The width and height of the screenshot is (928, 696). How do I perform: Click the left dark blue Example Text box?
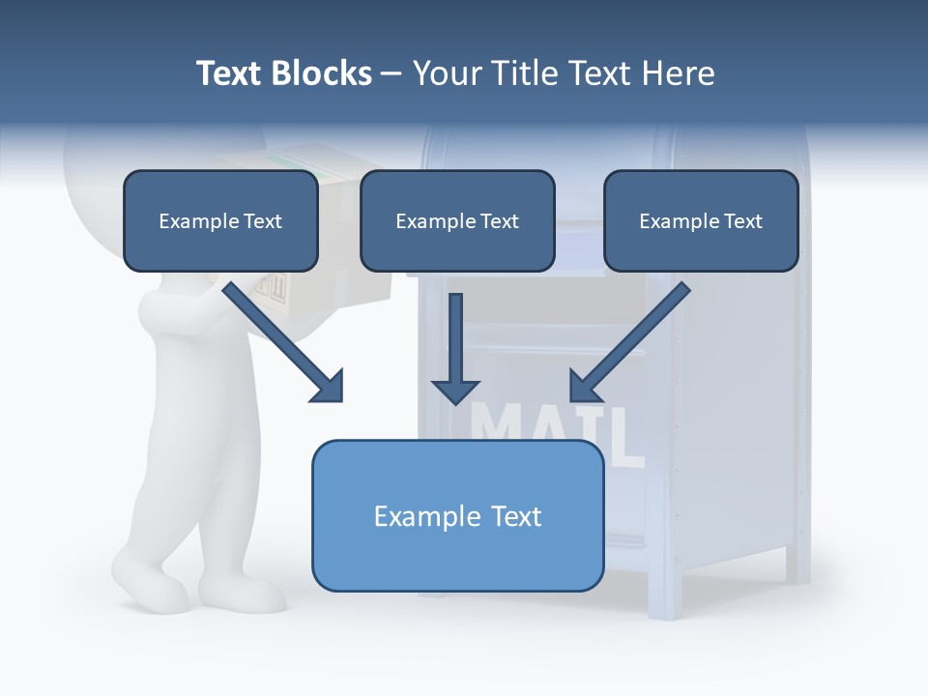click(x=220, y=221)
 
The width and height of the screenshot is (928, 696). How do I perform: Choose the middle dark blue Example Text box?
click(x=457, y=221)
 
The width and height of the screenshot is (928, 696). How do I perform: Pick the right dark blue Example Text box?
click(x=701, y=221)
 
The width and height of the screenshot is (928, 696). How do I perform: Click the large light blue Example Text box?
click(x=457, y=516)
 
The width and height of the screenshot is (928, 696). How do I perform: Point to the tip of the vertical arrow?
click(x=455, y=401)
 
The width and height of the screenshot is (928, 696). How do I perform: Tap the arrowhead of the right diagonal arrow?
click(x=581, y=390)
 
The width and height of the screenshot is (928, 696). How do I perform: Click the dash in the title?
click(x=391, y=73)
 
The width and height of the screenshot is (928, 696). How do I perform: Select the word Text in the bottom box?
click(x=510, y=516)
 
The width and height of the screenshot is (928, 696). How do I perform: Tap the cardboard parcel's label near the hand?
click(x=276, y=287)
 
